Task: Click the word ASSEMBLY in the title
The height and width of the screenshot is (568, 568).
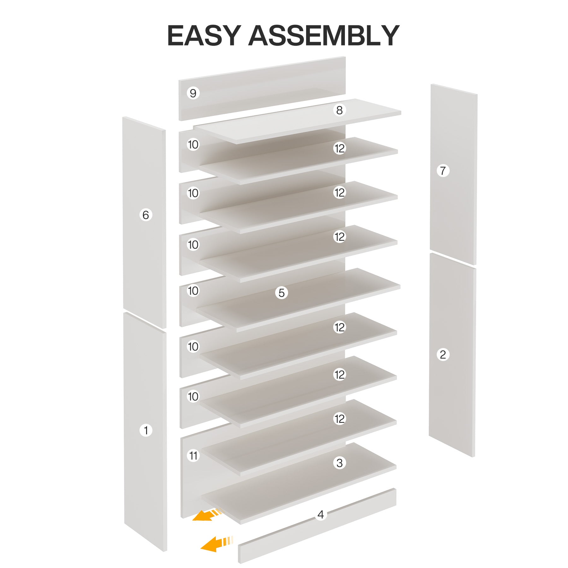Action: pos(324,36)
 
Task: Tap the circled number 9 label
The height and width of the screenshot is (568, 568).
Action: pos(193,93)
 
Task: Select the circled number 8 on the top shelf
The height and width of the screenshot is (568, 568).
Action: pos(339,110)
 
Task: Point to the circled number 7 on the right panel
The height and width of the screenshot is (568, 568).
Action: pos(443,171)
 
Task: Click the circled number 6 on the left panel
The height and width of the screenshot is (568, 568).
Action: pos(145,215)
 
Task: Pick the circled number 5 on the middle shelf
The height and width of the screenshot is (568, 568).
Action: pos(281,293)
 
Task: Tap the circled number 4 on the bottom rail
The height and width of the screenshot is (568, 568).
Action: pos(321,514)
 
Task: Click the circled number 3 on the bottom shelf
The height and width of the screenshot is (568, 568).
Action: pos(339,463)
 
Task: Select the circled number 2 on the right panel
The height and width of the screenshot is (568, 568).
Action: pos(443,354)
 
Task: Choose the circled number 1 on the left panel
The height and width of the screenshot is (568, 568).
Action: pos(145,430)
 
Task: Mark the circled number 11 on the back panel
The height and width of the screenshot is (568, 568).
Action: pos(193,456)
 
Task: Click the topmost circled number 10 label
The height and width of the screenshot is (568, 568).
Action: pos(193,145)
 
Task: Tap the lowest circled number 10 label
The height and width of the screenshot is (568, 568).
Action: pos(193,396)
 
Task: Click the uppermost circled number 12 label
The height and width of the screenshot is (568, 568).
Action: pos(339,148)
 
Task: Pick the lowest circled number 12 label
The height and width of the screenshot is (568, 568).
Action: pos(339,419)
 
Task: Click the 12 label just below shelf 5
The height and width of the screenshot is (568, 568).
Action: pos(339,327)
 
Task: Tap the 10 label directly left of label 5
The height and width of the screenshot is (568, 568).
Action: pos(193,291)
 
